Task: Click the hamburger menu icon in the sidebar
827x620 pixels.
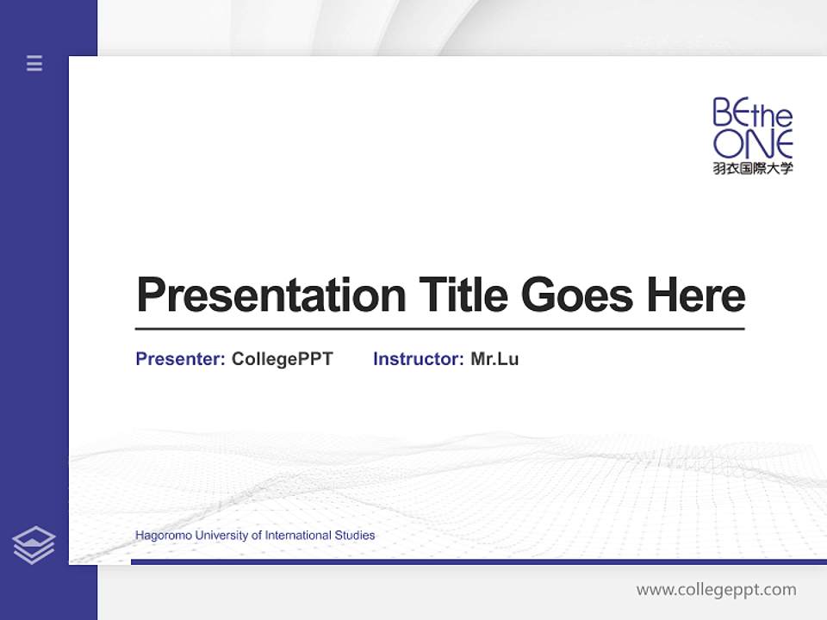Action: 34,63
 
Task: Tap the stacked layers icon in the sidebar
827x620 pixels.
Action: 34,545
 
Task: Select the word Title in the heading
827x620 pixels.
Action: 463,295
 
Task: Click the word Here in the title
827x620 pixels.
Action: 695,295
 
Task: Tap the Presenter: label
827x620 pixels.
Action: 180,359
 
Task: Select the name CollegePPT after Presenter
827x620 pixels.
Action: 282,359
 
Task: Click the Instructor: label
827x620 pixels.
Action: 418,359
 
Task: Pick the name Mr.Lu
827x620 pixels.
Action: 494,359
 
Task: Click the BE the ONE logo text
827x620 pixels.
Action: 752,128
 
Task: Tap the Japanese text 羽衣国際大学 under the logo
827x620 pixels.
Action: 752,168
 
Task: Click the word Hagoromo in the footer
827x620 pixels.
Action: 164,536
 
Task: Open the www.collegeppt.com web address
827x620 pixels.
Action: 716,590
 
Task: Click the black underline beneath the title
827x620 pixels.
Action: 439,328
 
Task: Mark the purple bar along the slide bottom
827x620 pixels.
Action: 478,561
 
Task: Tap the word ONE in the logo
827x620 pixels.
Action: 752,144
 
